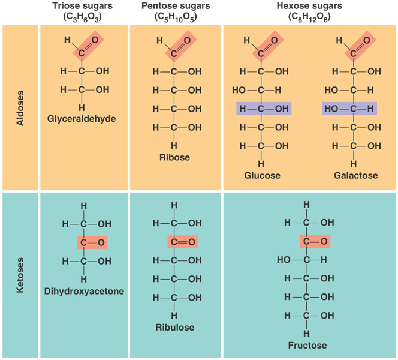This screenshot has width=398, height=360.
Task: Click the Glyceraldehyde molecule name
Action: coord(82,118)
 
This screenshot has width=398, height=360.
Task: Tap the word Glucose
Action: coord(261,176)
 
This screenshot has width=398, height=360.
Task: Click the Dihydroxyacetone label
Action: coord(83,292)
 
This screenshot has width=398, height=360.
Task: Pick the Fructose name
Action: coord(306,345)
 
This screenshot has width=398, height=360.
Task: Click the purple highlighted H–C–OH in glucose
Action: coord(261,109)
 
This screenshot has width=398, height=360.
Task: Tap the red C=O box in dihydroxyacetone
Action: coord(92,242)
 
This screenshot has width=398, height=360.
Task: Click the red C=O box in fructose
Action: coord(315,241)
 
